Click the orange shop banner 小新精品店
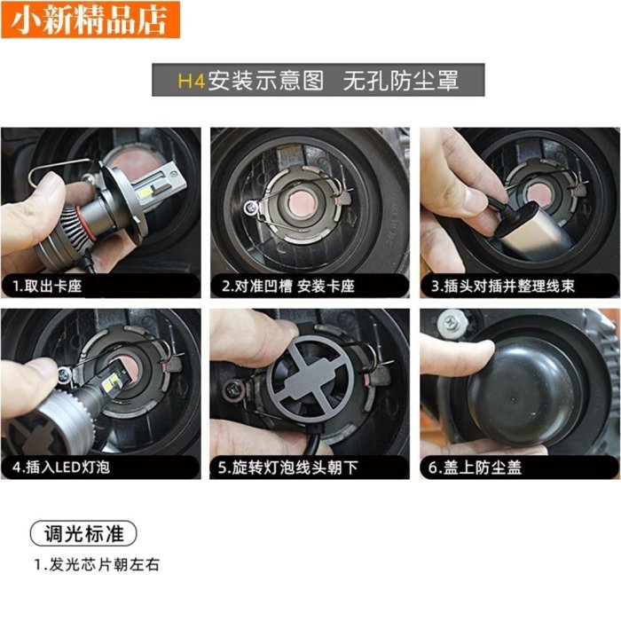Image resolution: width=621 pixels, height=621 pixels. (x=90, y=20)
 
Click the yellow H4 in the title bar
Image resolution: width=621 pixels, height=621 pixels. (x=192, y=81)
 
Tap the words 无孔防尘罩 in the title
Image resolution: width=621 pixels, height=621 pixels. (x=400, y=81)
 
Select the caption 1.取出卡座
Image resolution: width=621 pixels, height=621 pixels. (x=47, y=286)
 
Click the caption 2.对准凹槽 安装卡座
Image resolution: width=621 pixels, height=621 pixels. (x=288, y=286)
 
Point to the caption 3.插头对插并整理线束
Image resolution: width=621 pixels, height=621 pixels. (x=503, y=286)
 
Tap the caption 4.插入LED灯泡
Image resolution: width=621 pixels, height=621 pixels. (x=61, y=468)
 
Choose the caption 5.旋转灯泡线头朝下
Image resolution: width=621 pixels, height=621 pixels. (x=288, y=468)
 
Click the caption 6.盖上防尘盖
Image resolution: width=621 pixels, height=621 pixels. (x=475, y=468)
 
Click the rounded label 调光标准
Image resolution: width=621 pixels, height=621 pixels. (x=83, y=533)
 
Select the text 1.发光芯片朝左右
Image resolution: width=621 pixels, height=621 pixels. (x=97, y=565)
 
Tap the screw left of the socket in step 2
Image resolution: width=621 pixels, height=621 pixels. (x=250, y=207)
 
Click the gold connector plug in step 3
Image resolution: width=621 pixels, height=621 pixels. (x=527, y=229)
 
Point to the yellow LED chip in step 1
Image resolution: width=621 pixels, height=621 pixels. (x=146, y=193)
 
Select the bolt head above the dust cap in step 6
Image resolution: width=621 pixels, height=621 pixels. (x=451, y=322)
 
